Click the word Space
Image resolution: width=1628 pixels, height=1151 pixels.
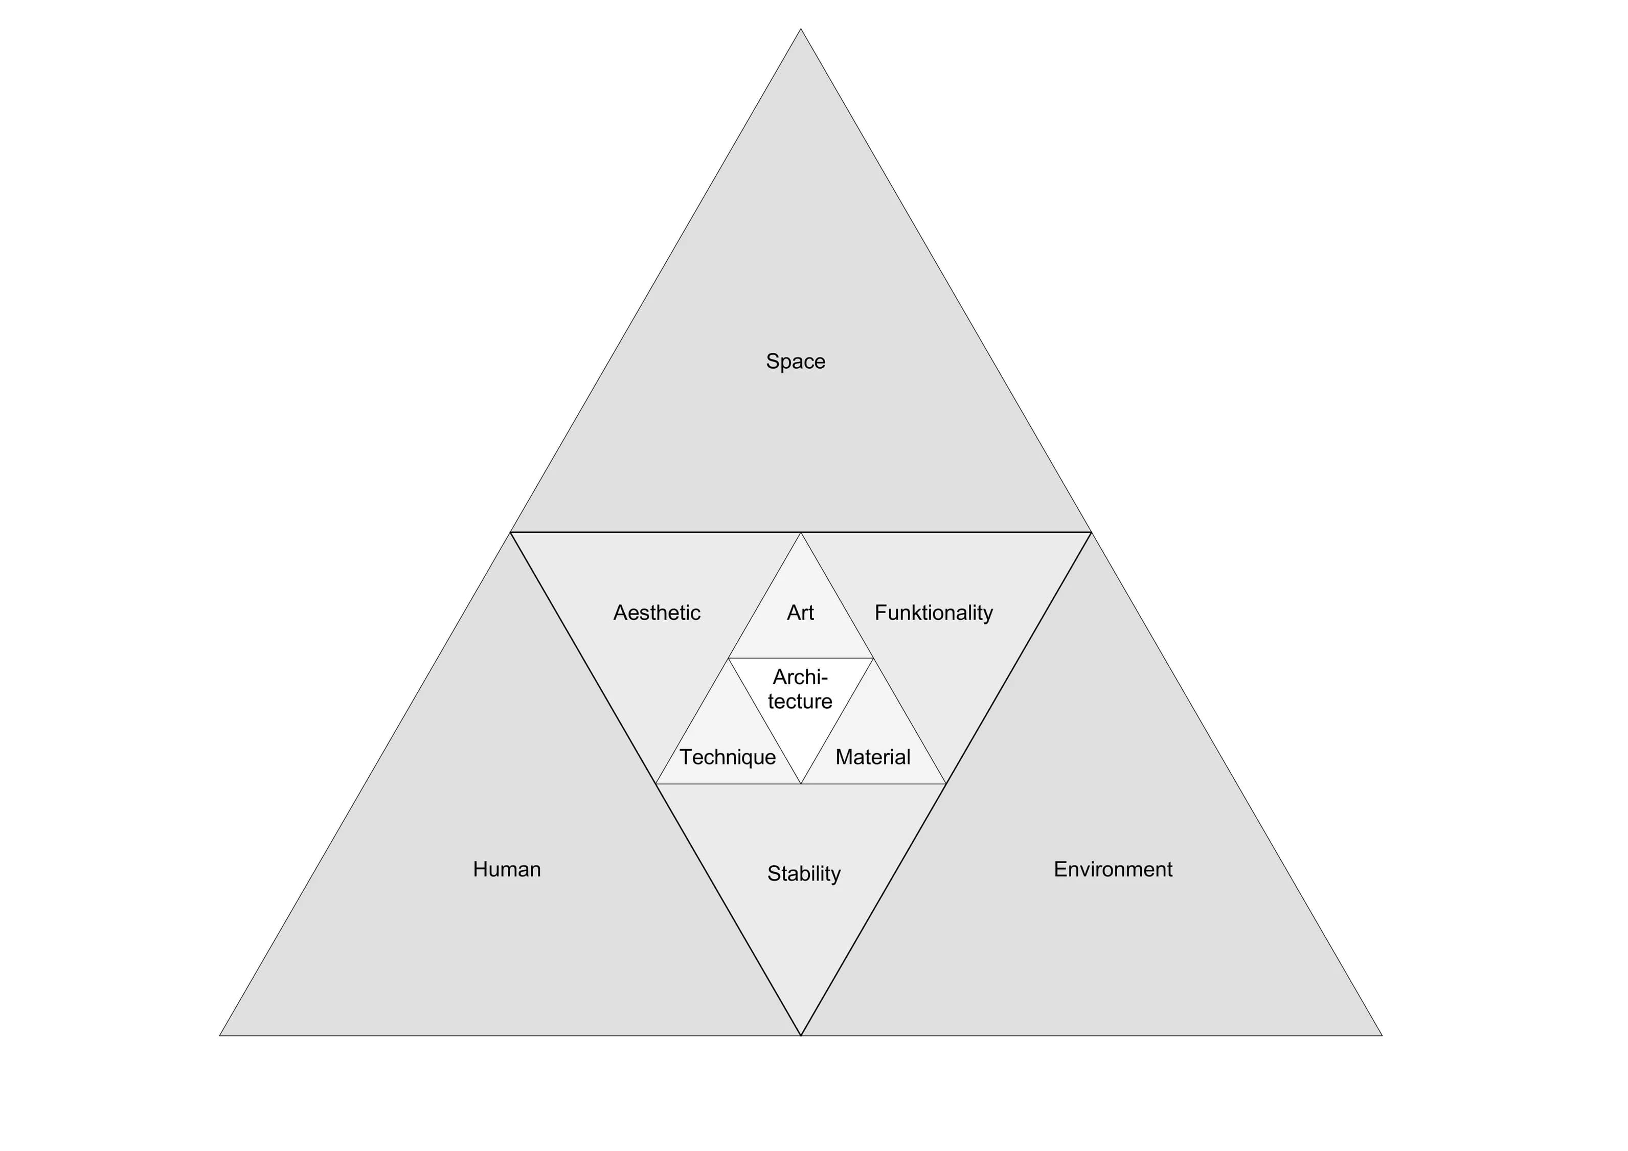796,362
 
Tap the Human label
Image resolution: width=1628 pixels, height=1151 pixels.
507,869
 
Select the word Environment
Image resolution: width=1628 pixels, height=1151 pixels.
1113,869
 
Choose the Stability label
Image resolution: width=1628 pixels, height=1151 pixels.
804,874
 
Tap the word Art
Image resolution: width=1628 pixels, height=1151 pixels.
801,613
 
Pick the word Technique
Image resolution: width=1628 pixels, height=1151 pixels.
728,757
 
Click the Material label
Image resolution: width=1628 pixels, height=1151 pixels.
873,757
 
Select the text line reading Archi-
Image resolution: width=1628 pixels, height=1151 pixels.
801,678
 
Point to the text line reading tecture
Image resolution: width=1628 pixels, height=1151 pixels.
801,702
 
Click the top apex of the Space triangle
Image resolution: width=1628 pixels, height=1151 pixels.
801,29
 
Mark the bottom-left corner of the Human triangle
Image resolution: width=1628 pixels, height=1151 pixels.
220,1036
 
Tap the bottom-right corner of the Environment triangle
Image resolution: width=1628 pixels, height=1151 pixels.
1383,1036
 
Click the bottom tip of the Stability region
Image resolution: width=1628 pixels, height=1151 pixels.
801,1036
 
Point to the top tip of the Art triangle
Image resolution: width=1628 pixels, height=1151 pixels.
801,533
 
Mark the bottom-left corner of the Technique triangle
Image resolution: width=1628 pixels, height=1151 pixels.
656,784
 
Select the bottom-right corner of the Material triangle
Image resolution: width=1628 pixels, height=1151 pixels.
946,784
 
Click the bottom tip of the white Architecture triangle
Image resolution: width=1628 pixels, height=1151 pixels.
801,784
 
